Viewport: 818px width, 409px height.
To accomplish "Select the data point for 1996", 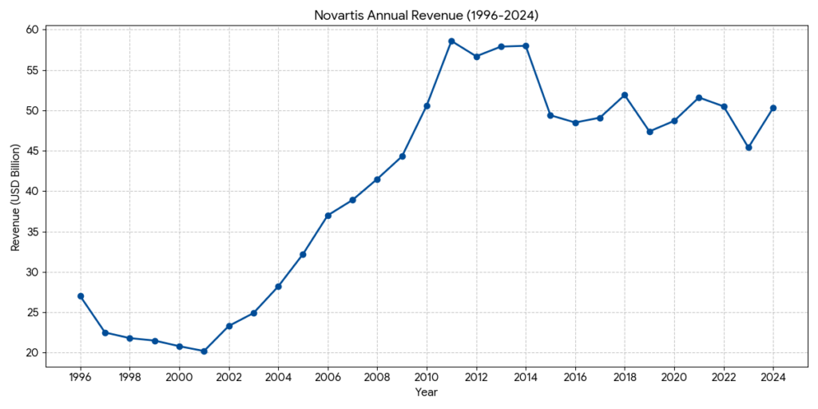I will click(81, 296).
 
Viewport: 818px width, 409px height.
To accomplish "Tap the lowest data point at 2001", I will click(204, 351).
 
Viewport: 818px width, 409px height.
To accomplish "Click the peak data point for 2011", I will click(451, 41).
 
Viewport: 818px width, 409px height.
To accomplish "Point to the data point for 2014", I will click(526, 46).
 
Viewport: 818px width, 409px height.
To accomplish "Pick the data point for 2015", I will click(550, 115).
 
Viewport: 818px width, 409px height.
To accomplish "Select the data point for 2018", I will click(625, 95).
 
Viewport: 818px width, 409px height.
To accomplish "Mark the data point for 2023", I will click(749, 147).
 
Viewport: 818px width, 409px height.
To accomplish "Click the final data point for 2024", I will click(773, 108).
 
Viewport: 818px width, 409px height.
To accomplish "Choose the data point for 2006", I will click(328, 216).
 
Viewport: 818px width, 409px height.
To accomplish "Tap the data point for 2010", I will click(427, 105).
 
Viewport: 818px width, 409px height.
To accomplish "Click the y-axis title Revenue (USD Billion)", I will click(15, 192).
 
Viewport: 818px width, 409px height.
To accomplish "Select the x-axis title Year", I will click(427, 392).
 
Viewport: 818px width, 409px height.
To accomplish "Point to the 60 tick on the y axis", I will click(32, 30).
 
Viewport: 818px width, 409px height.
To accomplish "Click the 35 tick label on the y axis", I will click(32, 232).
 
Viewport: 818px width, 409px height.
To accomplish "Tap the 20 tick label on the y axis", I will click(32, 353).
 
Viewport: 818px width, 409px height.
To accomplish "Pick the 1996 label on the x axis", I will click(81, 375).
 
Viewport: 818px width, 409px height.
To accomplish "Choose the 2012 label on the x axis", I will click(476, 375).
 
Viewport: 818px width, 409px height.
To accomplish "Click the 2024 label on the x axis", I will click(773, 375).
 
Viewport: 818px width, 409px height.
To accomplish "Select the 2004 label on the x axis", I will click(278, 375).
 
